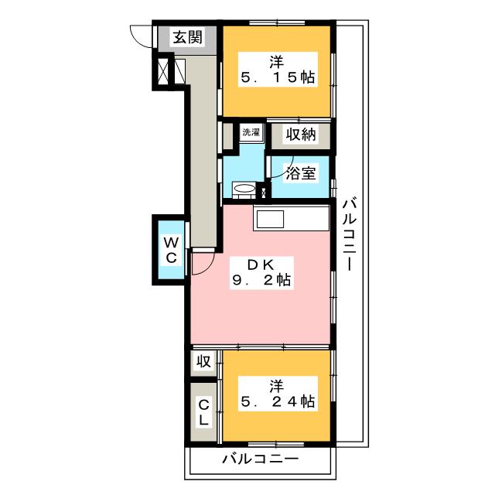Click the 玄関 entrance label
point(187,37)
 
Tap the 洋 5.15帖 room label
point(278,70)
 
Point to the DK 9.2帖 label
point(261,273)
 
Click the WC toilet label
point(171,251)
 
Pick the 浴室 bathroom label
point(301,173)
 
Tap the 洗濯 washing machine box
point(251,132)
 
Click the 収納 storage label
point(301,135)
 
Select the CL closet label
point(204,412)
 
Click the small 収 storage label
point(204,361)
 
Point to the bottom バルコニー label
point(261,459)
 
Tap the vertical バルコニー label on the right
point(350,234)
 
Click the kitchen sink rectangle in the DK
point(270,219)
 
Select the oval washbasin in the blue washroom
point(244,189)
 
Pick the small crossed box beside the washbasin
point(264,192)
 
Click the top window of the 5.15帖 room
point(277,22)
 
